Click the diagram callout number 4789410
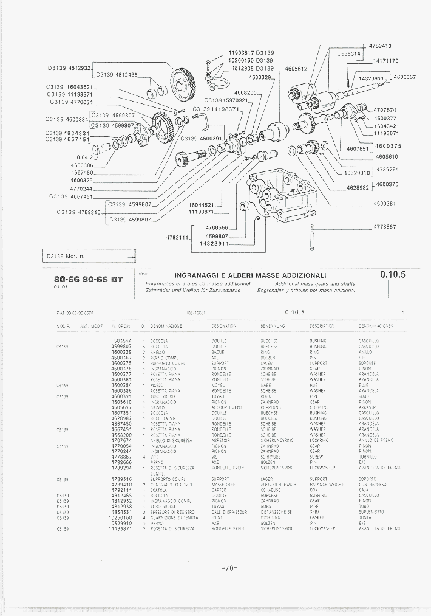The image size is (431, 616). click(x=380, y=46)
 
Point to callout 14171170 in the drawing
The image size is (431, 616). click(x=385, y=61)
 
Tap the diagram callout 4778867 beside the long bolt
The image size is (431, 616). click(x=384, y=226)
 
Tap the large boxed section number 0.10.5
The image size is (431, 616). click(x=392, y=274)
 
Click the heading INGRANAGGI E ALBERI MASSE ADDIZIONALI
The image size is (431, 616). click(x=251, y=275)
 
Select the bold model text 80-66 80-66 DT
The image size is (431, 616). click(x=88, y=279)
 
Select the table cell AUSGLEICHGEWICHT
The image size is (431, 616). click(x=277, y=484)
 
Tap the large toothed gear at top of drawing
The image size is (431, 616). click(x=183, y=85)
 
